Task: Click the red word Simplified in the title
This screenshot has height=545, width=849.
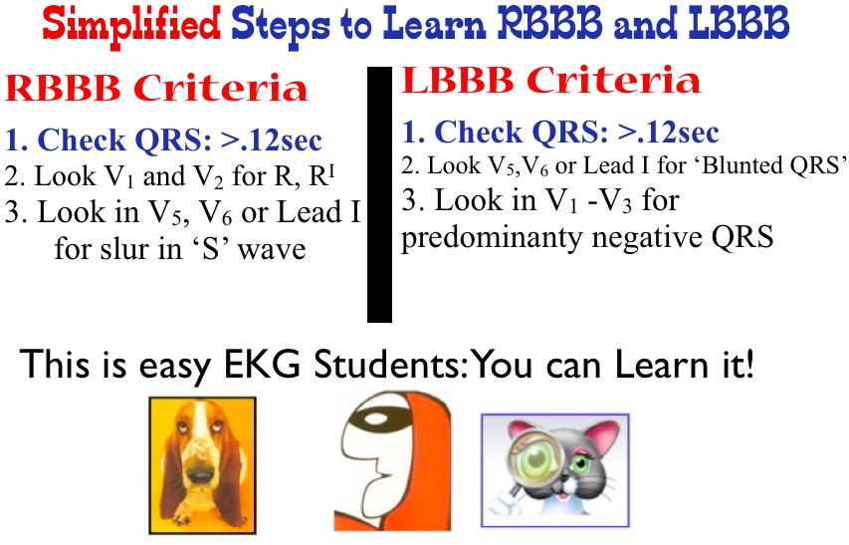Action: [x=131, y=25]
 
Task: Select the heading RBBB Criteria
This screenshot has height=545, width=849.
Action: [x=156, y=88]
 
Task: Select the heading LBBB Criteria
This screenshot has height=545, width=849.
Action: [x=550, y=80]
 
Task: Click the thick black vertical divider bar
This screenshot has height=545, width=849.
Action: [x=379, y=194]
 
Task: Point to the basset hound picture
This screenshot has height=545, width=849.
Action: [x=202, y=465]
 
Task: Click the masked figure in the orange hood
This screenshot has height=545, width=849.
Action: [x=392, y=461]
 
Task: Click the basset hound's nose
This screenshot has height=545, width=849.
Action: [x=200, y=473]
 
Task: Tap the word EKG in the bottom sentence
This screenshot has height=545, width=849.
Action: [x=262, y=364]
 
